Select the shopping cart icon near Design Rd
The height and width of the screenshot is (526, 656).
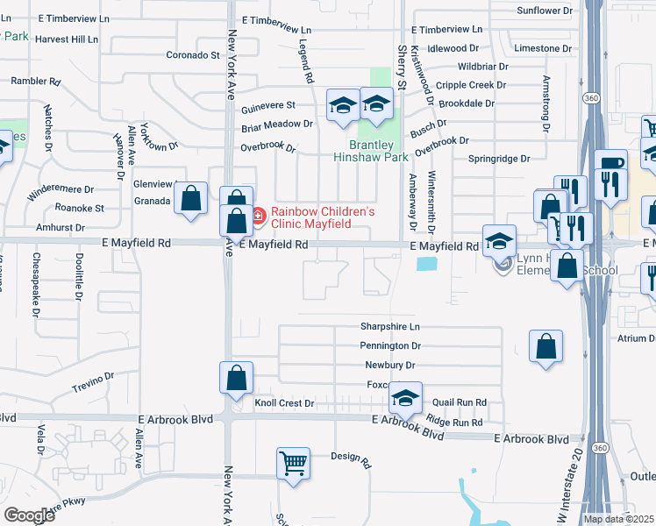point(293,463)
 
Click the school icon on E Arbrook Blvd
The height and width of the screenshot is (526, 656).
point(405,399)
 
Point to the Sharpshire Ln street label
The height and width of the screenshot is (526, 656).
point(390,325)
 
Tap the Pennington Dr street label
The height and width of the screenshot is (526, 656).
point(390,346)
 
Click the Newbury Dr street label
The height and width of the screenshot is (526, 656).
point(390,366)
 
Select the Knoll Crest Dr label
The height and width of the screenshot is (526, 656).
point(284,403)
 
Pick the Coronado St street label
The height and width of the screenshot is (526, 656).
point(193,54)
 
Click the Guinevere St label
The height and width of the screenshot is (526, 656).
point(268,105)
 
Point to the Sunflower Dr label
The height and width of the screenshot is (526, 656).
point(544,11)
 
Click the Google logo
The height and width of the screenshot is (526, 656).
point(29,515)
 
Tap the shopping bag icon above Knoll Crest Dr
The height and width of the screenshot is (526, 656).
point(236,378)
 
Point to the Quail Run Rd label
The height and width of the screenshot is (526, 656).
point(460,402)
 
